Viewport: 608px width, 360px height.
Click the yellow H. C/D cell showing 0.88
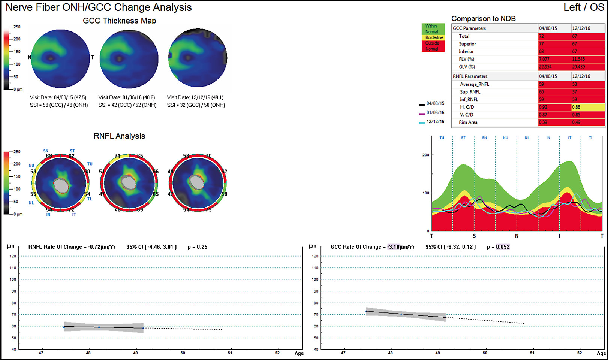[x=587, y=107]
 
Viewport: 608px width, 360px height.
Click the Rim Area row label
[x=468, y=122]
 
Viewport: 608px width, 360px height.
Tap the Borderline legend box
[x=434, y=37]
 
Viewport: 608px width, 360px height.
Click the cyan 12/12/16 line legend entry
[x=432, y=122]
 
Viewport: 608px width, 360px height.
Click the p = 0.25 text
[x=198, y=247]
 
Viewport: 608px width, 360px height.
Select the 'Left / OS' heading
[x=583, y=7]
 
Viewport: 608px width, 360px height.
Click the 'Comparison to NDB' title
[x=483, y=19]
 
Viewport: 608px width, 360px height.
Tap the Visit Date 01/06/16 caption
[x=127, y=97]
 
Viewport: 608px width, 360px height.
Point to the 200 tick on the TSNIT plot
[x=425, y=155]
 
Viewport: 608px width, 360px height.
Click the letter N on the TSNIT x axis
[x=517, y=236]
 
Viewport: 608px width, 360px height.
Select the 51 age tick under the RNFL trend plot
[x=230, y=353]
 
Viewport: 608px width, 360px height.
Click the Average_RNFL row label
[x=474, y=84]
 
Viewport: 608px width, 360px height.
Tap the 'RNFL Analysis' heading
[x=119, y=136]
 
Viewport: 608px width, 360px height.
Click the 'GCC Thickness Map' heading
[x=119, y=21]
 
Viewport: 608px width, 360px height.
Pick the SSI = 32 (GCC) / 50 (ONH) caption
[x=196, y=105]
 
